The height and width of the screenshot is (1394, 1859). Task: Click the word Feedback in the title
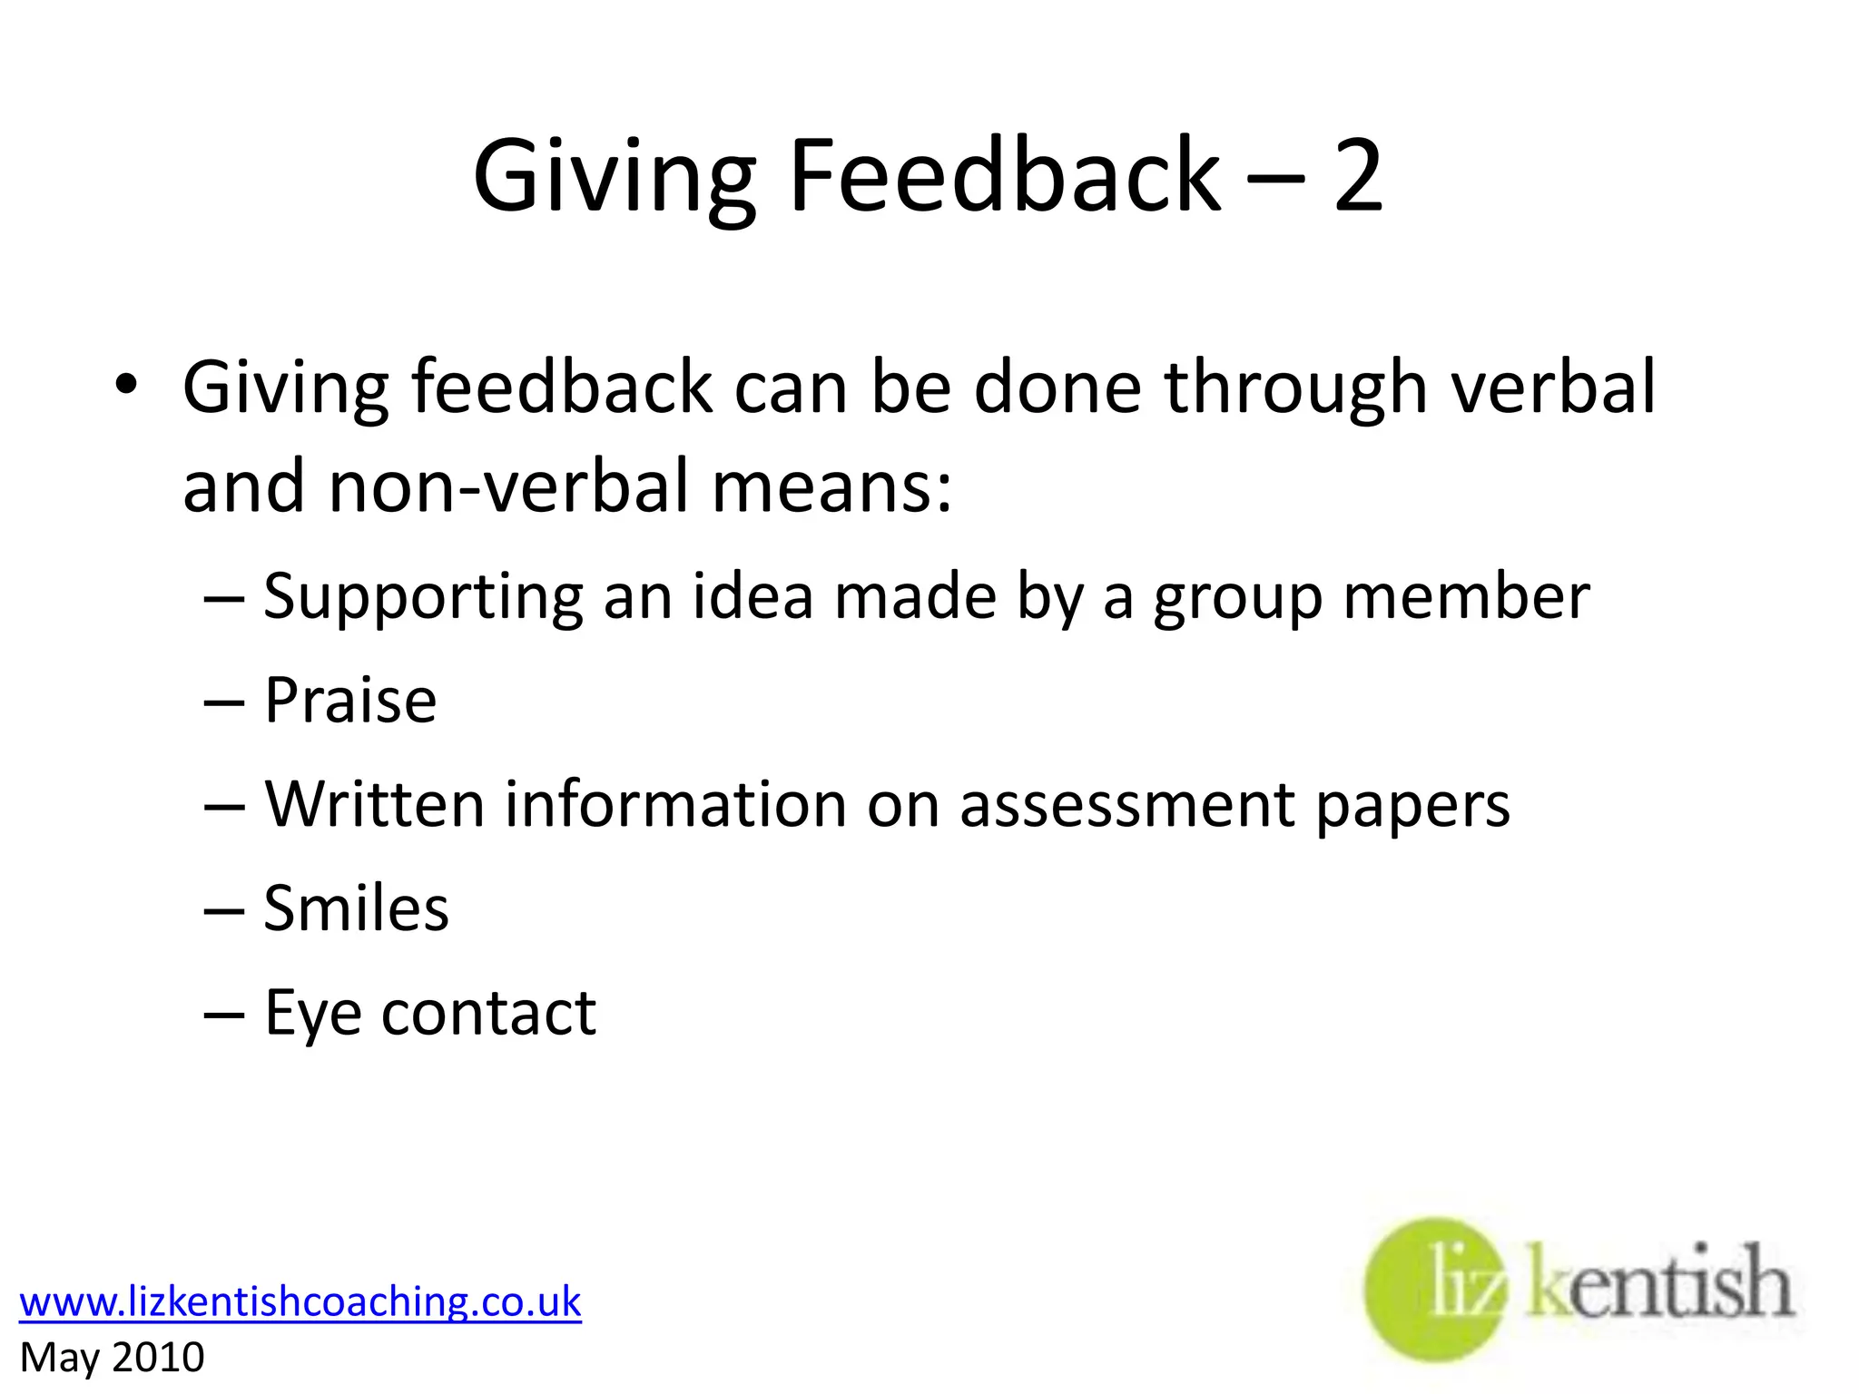(1005, 176)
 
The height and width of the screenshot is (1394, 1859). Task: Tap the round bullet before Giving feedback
(126, 386)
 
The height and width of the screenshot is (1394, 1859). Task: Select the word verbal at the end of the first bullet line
(1553, 387)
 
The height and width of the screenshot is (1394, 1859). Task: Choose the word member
(1466, 597)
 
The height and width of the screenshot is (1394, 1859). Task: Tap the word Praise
(350, 701)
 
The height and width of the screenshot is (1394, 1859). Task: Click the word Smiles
(356, 908)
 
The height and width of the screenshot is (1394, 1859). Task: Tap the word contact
(488, 1013)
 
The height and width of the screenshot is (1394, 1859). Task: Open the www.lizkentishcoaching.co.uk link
(300, 1301)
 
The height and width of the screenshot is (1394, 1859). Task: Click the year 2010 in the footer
(158, 1358)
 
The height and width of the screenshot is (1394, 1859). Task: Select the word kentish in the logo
(1660, 1281)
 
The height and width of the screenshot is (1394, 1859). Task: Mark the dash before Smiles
(224, 909)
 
